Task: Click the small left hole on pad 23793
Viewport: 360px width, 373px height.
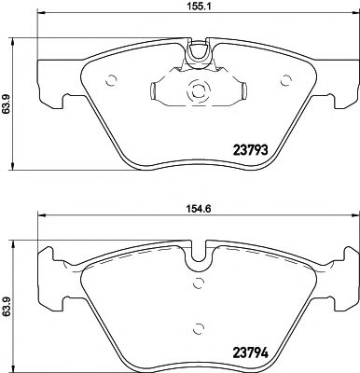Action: [111, 78]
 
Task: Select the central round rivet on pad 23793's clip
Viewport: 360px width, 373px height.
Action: [197, 91]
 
